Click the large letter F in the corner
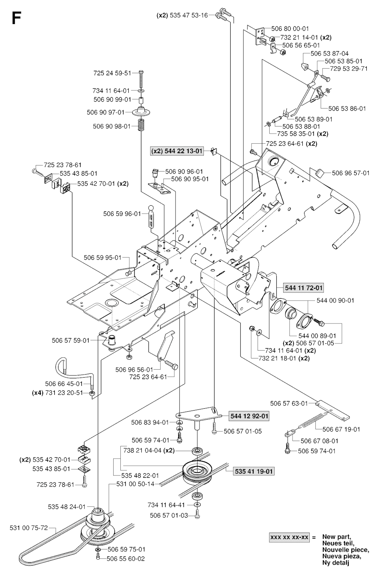pos(15,18)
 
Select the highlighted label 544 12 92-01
pos(249,416)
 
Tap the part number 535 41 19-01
pos(253,471)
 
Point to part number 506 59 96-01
pos(122,214)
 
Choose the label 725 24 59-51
pos(112,73)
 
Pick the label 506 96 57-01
pos(351,173)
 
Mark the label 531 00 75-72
pos(28,528)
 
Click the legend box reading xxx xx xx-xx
pos(289,537)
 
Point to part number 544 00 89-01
pos(317,336)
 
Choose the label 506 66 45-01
pos(64,384)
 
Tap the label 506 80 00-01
pos(290,29)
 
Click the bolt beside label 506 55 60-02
pos(98,558)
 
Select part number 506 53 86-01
pos(347,108)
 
